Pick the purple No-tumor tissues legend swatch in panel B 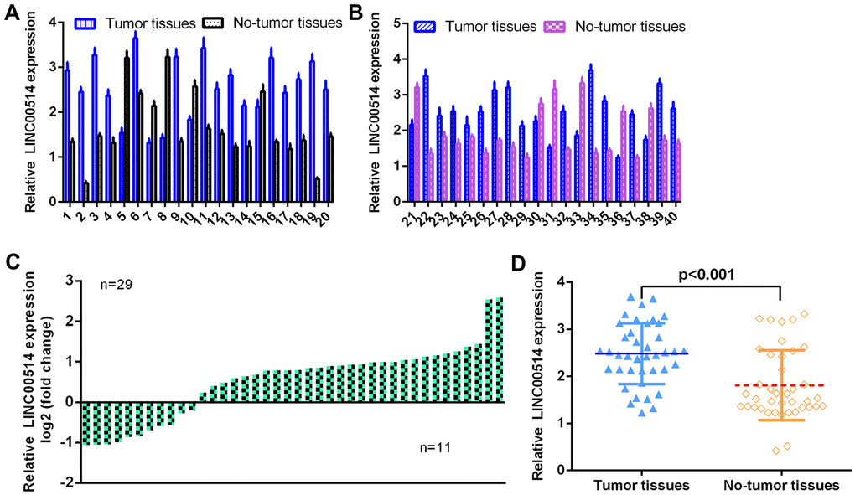[557, 26]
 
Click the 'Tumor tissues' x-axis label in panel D [641, 485]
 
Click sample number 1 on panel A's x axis [65, 216]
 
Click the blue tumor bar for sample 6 [135, 118]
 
